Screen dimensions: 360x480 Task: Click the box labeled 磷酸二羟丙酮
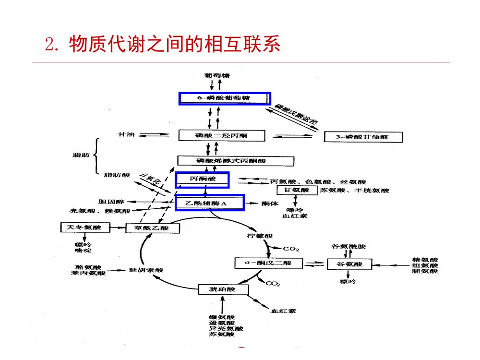click(221, 136)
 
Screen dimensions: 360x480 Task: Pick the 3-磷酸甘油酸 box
click(363, 137)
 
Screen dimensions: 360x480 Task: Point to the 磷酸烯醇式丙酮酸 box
click(228, 161)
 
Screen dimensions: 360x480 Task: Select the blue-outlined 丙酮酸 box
click(202, 180)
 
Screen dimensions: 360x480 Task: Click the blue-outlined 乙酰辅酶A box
click(210, 203)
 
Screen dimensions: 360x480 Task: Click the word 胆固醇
click(108, 202)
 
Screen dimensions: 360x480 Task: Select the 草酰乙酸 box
click(153, 228)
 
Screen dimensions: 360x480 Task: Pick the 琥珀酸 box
click(223, 289)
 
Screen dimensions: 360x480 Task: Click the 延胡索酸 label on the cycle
click(146, 270)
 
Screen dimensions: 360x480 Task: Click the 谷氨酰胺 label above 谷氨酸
click(348, 246)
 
